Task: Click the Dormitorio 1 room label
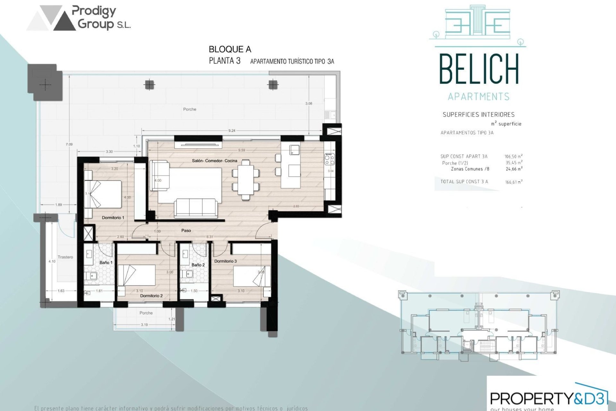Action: [113, 218]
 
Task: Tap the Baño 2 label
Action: [198, 265]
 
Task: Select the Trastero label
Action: [65, 257]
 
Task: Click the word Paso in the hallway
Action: [186, 231]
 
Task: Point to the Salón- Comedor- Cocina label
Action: [214, 161]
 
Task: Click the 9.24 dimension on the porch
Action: [232, 131]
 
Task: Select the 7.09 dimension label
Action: [69, 144]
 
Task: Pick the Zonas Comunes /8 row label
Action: [470, 169]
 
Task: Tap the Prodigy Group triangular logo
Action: [51, 18]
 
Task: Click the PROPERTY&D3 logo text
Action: [549, 398]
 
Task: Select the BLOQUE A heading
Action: [230, 49]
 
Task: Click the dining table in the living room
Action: [246, 180]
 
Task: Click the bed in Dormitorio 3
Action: [251, 276]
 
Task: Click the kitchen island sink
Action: [294, 150]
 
